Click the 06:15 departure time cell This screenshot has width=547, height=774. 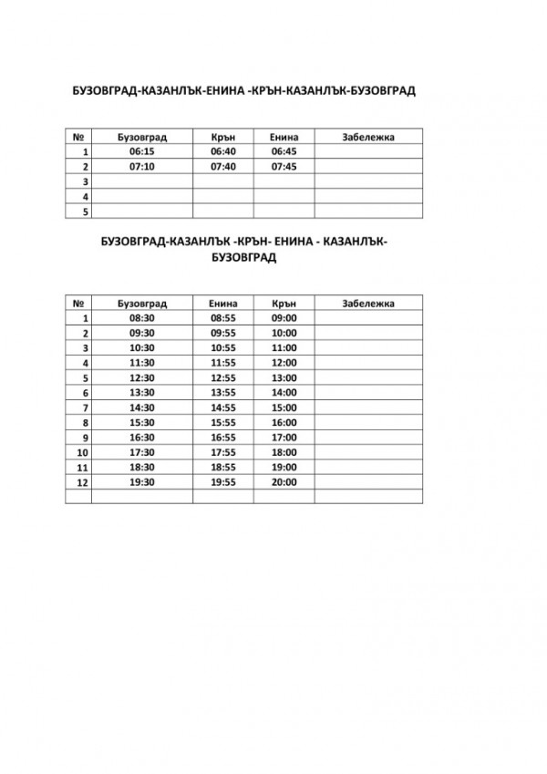pyautogui.click(x=143, y=152)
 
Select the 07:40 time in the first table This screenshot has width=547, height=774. pyautogui.click(x=223, y=168)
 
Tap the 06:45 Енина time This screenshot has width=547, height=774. pyautogui.click(x=284, y=152)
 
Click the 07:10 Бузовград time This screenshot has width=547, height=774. pyautogui.click(x=143, y=168)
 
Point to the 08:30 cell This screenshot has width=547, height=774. pyautogui.click(x=143, y=318)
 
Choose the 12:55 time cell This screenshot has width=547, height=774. pyautogui.click(x=223, y=377)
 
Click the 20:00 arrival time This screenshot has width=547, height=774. pyautogui.click(x=284, y=481)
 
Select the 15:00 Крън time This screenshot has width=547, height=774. pyautogui.click(x=284, y=408)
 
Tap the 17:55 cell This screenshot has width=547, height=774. pyautogui.click(x=223, y=452)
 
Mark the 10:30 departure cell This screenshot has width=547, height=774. pyautogui.click(x=143, y=348)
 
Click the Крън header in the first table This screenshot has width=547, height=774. pyautogui.click(x=223, y=137)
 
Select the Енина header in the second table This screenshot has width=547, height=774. pyautogui.click(x=223, y=303)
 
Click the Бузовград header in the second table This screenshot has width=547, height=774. pyautogui.click(x=143, y=303)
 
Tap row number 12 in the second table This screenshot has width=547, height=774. pyautogui.click(x=83, y=481)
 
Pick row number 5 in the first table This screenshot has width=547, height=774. pyautogui.click(x=84, y=212)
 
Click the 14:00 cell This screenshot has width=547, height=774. pyautogui.click(x=284, y=393)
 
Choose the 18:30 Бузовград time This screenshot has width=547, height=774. pyautogui.click(x=143, y=467)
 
